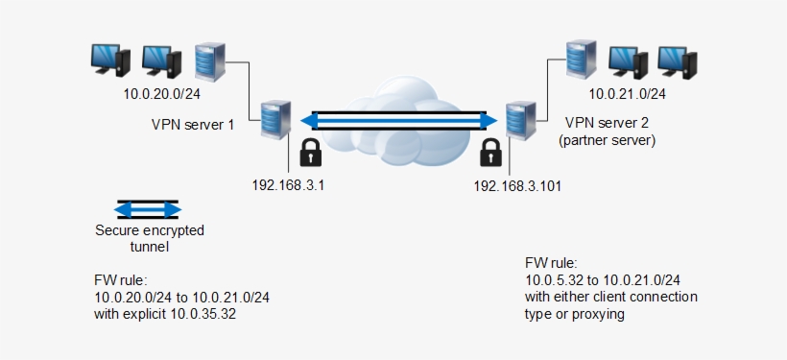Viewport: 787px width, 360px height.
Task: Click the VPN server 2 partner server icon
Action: pos(519,121)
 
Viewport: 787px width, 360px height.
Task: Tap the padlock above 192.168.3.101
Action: pos(490,153)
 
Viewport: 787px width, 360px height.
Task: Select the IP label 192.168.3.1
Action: pos(287,185)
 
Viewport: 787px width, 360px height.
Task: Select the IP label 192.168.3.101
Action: pos(517,185)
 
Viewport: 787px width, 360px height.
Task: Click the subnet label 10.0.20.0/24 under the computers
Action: pos(161,94)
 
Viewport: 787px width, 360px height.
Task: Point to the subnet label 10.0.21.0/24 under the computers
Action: pos(627,94)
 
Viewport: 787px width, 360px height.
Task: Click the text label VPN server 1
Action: pos(193,124)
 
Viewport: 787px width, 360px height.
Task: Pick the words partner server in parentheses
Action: pos(607,139)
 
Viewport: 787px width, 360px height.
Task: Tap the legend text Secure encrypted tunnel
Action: pos(149,238)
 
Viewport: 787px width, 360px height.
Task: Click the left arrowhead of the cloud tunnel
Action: pos(309,121)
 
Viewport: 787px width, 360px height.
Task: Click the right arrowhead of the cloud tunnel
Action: pos(490,121)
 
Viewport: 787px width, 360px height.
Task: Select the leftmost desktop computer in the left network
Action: pos(107,60)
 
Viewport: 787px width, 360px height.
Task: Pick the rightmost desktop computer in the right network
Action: pos(676,60)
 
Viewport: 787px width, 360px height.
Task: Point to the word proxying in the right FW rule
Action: pos(598,314)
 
